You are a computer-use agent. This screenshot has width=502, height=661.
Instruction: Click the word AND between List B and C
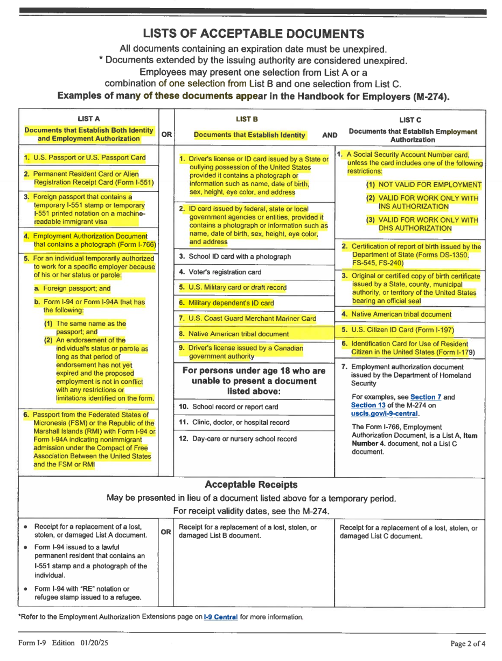point(330,135)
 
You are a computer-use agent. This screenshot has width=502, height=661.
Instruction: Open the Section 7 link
point(426,397)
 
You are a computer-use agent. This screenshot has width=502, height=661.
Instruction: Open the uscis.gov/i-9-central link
point(385,414)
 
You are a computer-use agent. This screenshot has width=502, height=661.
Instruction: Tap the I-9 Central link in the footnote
point(221,617)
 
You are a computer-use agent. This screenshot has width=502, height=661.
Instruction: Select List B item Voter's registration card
point(224,272)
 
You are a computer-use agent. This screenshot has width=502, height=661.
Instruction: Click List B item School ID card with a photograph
point(239,257)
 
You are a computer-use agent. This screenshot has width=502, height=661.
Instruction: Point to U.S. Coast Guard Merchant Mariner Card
point(252,319)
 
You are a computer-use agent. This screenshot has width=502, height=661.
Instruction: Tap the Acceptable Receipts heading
point(252,485)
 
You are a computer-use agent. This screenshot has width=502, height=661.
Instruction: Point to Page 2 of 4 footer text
point(468,643)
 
